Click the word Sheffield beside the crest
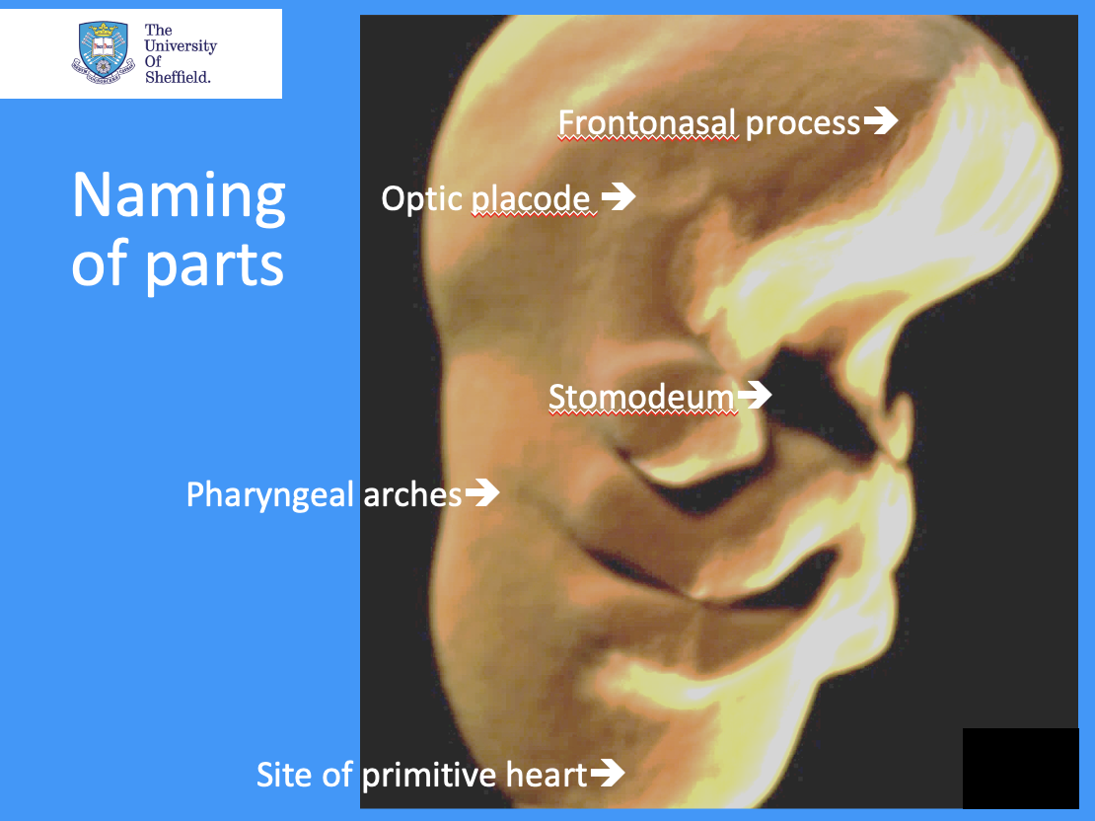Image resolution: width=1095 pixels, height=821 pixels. point(178,77)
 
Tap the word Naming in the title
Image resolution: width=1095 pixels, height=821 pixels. point(179,197)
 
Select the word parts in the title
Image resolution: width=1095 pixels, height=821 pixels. point(216,264)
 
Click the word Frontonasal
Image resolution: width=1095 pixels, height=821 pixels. point(647,123)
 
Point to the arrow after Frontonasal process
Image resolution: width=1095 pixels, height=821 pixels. point(880,121)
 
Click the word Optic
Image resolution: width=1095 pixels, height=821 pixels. point(421,199)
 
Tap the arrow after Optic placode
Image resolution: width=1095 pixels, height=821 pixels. point(619,197)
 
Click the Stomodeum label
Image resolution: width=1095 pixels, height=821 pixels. point(641,397)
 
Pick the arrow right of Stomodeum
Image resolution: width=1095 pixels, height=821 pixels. point(755,396)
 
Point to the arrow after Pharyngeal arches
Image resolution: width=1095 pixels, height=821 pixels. point(482,492)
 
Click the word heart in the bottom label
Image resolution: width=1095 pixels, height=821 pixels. point(543,775)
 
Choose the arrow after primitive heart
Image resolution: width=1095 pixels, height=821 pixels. point(607,773)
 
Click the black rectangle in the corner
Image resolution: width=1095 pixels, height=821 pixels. point(1020,768)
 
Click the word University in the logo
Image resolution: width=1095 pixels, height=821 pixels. point(181,46)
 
